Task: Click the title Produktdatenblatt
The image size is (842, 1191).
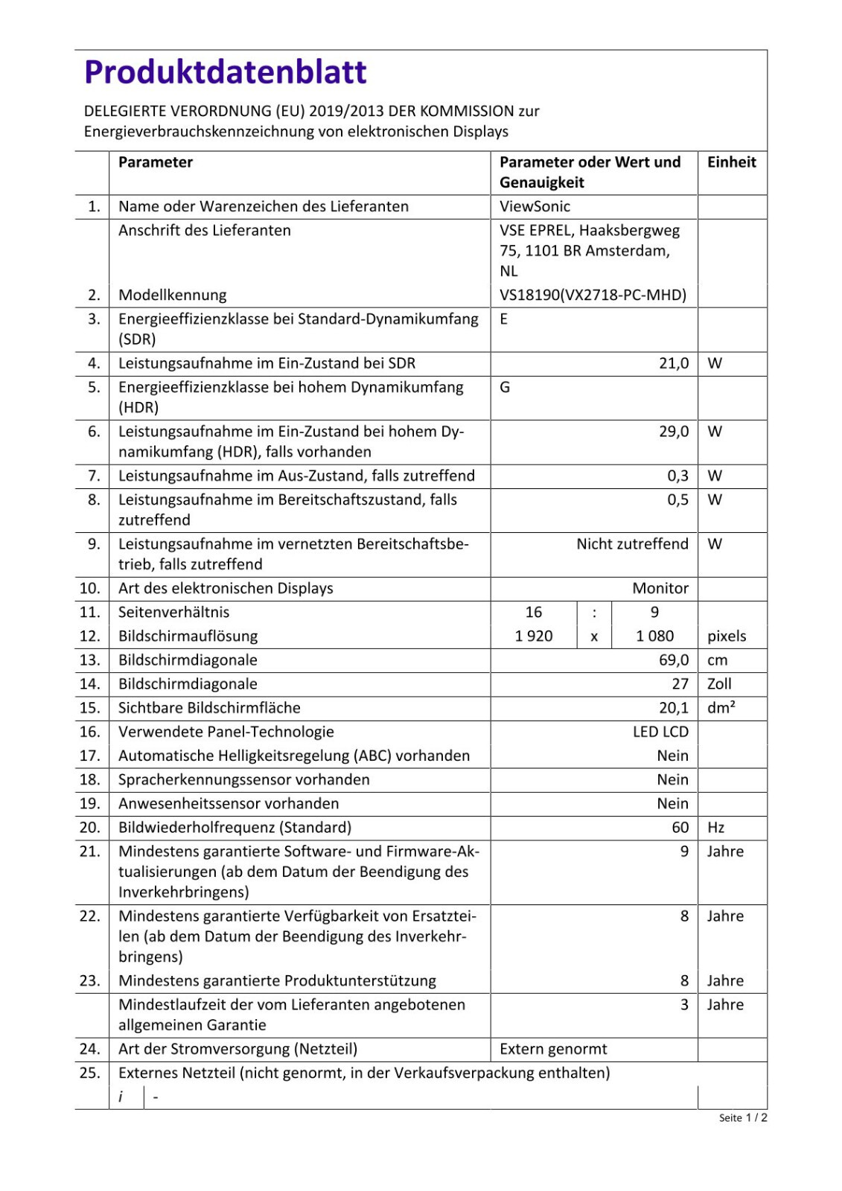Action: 225,72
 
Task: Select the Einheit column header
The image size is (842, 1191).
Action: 731,162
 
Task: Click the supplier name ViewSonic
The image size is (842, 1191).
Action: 535,206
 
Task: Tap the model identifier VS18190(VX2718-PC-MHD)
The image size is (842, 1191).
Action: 593,295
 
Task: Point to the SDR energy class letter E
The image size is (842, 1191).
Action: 504,319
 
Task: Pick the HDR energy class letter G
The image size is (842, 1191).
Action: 505,388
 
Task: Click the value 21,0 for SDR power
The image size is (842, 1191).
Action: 673,363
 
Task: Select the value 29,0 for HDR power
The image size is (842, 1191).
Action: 673,432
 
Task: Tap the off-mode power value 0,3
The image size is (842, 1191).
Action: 677,476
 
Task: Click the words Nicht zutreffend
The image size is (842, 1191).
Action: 632,544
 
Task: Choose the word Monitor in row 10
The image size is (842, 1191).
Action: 660,588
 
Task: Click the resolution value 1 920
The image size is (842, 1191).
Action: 534,636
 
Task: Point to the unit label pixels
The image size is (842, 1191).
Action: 727,636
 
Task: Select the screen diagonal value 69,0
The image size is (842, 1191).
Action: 673,660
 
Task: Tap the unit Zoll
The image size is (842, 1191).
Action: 719,684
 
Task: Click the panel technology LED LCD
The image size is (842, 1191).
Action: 660,732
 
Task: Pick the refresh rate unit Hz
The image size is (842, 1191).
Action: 715,828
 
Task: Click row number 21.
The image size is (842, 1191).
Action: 89,852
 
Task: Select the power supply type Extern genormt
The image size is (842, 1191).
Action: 553,1050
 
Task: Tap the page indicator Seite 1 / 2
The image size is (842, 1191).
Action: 743,1118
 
